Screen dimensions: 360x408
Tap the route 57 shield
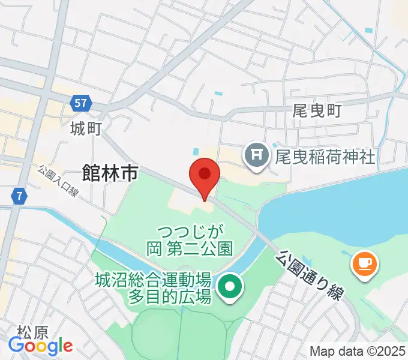click(x=82, y=103)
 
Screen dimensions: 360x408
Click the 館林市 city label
click(x=112, y=174)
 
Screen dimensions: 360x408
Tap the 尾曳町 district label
click(x=316, y=110)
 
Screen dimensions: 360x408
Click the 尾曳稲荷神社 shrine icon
click(x=257, y=157)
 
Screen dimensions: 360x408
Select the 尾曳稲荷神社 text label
click(x=325, y=157)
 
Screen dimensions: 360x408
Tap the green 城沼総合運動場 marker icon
click(x=229, y=287)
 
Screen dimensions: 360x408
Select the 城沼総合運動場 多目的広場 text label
click(x=153, y=287)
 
